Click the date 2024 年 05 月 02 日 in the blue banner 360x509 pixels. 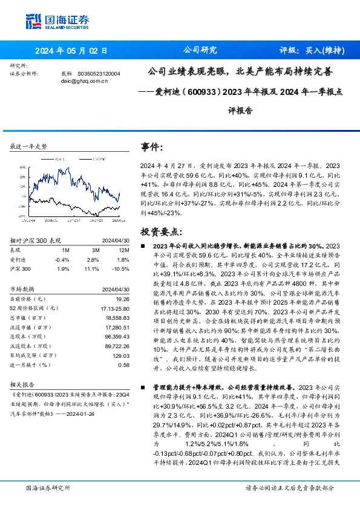[x=71, y=50]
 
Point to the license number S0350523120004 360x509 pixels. [x=99, y=73]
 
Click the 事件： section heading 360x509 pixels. [x=152, y=148]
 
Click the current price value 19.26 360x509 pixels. [x=123, y=282]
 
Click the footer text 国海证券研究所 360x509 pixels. [x=47, y=488]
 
